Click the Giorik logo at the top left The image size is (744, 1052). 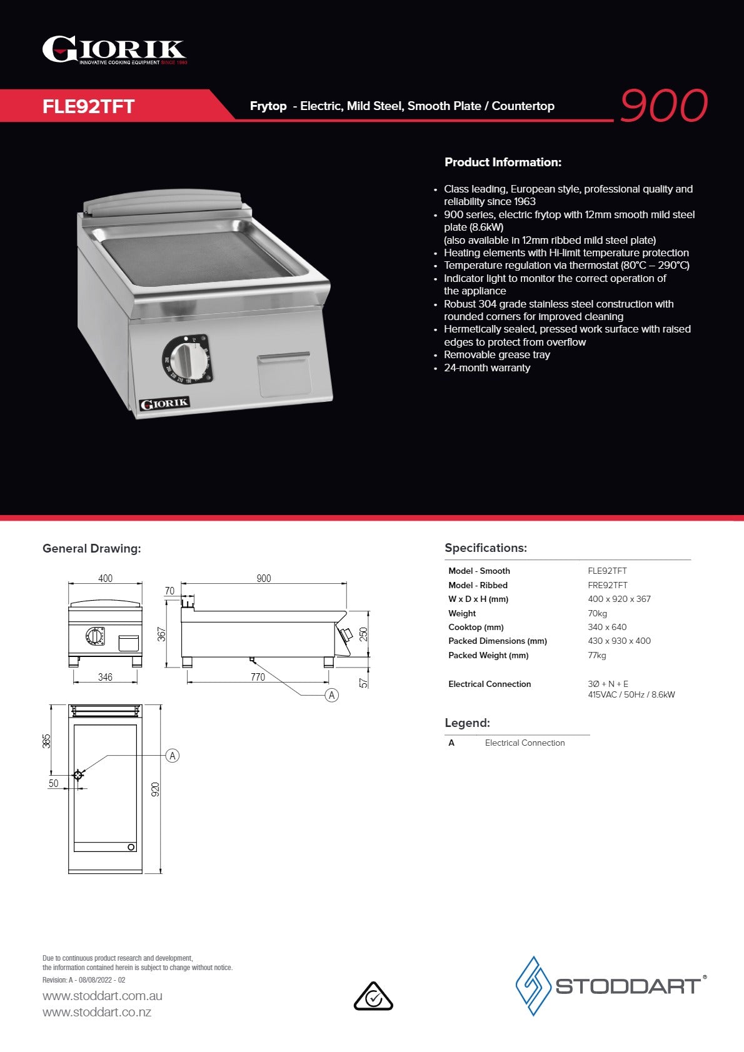pyautogui.click(x=114, y=50)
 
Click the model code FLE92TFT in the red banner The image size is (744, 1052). pyautogui.click(x=89, y=106)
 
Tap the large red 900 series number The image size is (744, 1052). pyautogui.click(x=663, y=105)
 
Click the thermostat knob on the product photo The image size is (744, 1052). pyautogui.click(x=187, y=359)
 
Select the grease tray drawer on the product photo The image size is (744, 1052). pyautogui.click(x=284, y=374)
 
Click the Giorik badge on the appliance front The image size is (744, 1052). pyautogui.click(x=164, y=404)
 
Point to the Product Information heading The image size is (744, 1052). pyautogui.click(x=503, y=163)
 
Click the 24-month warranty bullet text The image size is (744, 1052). pyautogui.click(x=486, y=368)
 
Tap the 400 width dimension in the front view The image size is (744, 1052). pyautogui.click(x=105, y=578)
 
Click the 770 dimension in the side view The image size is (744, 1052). pyautogui.click(x=258, y=677)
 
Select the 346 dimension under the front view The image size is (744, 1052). pyautogui.click(x=105, y=677)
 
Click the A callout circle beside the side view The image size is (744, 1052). pyautogui.click(x=332, y=695)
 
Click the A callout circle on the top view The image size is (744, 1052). pyautogui.click(x=173, y=756)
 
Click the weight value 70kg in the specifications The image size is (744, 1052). pyautogui.click(x=597, y=613)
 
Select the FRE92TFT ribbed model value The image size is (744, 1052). pyautogui.click(x=607, y=585)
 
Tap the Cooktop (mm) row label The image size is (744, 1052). pyautogui.click(x=476, y=627)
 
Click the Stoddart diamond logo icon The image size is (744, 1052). pyautogui.click(x=533, y=986)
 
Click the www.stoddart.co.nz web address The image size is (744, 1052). pyautogui.click(x=97, y=1012)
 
